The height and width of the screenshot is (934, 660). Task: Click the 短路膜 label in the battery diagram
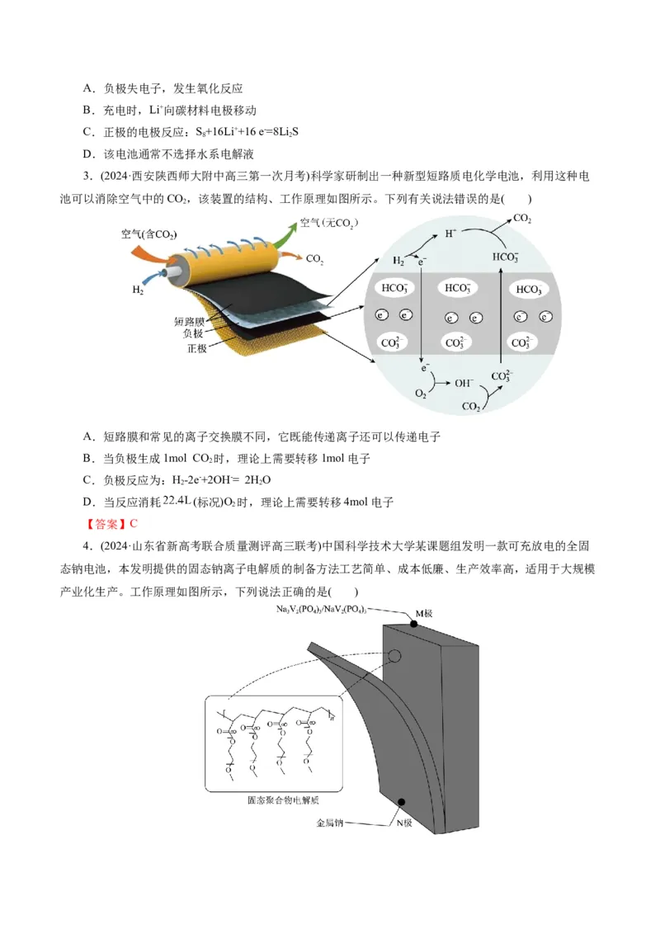click(x=190, y=320)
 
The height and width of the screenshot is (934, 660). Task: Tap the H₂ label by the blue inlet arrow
click(x=138, y=290)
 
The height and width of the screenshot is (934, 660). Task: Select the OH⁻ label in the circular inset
click(x=464, y=383)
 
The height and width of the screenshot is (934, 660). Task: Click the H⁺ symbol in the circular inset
click(x=450, y=233)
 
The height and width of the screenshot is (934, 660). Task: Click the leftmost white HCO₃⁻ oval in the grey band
click(x=393, y=288)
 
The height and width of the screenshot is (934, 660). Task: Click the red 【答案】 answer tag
click(x=106, y=523)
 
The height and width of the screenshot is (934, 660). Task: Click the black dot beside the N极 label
click(x=402, y=801)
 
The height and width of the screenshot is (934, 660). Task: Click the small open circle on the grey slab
click(x=395, y=656)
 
